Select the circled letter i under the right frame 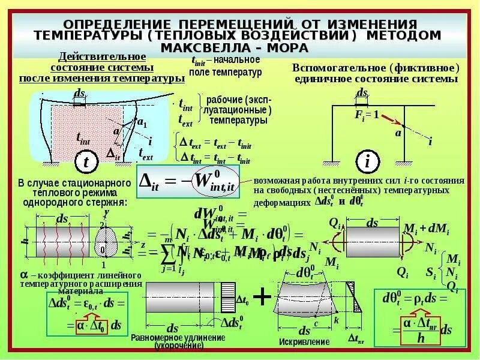367,161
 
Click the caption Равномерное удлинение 178,338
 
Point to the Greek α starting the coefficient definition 24,274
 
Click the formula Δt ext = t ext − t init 211,145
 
